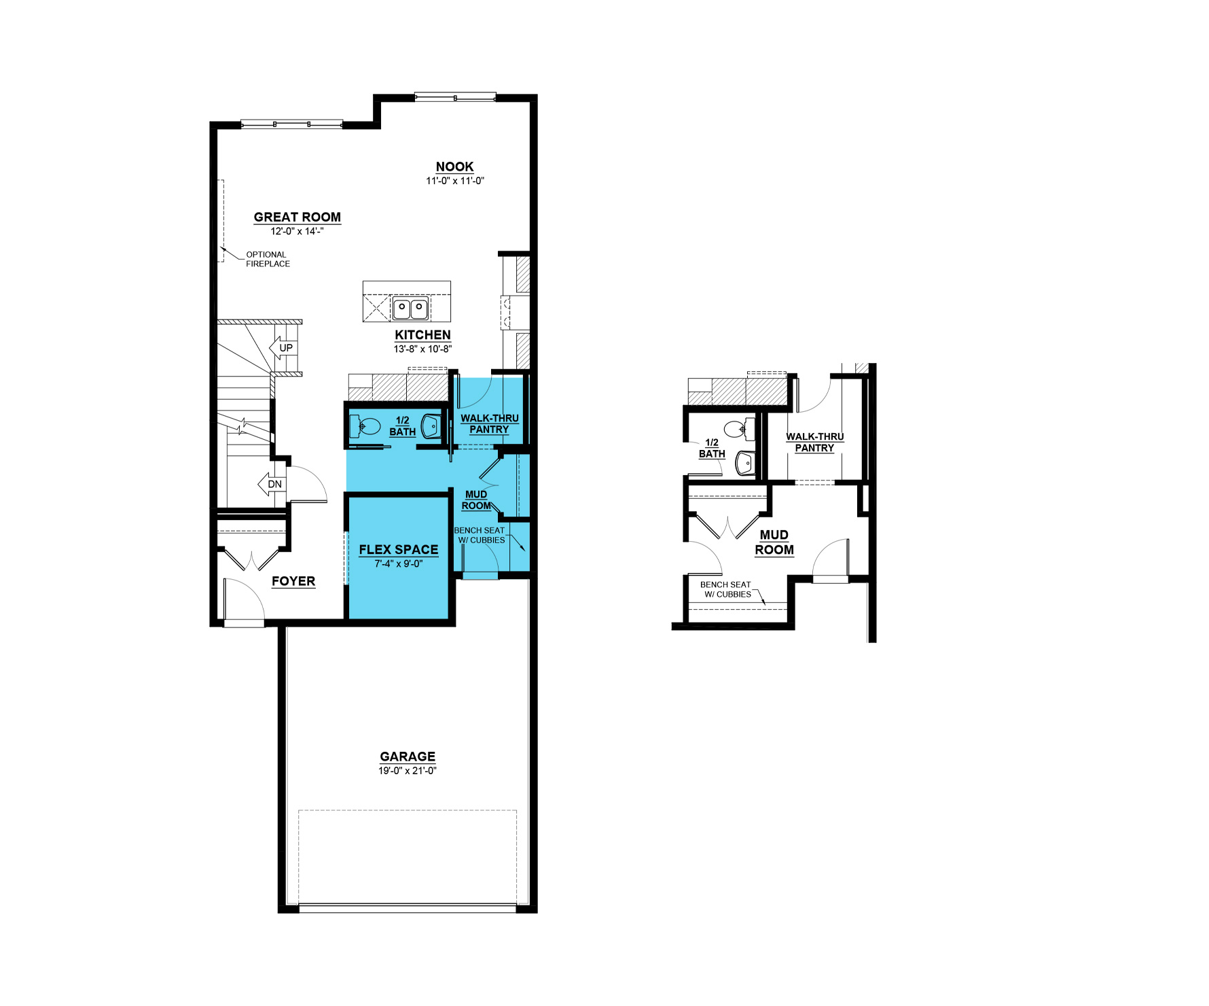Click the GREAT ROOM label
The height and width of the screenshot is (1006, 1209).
point(297,218)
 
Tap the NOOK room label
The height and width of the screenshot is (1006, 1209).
point(455,167)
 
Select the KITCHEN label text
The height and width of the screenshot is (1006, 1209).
point(423,335)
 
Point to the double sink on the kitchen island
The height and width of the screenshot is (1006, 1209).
point(410,309)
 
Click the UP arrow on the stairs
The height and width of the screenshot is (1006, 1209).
point(283,348)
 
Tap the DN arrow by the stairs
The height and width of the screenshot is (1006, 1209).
point(271,485)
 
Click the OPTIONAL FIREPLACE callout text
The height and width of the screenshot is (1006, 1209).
point(268,260)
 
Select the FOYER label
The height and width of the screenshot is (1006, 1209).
point(293,582)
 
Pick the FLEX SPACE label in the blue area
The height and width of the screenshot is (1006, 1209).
point(399,550)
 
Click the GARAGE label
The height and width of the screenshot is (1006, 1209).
point(408,757)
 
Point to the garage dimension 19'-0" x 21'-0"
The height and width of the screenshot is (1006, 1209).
point(408,771)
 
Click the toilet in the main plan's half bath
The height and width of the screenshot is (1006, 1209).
point(364,426)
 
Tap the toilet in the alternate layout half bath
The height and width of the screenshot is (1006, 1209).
point(739,428)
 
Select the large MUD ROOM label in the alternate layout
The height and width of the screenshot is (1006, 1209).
point(774,542)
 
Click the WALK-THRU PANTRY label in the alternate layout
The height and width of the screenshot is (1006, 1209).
point(815,443)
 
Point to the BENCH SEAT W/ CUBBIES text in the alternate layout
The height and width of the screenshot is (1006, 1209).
point(726,589)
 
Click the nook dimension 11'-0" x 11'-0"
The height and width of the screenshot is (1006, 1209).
point(455,181)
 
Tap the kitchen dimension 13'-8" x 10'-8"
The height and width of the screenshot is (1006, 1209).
point(422,349)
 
